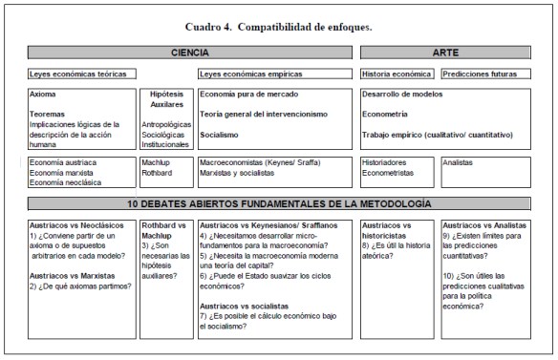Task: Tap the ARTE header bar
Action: coord(444,53)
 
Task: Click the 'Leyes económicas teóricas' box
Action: coord(82,74)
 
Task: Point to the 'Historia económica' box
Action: coord(397,74)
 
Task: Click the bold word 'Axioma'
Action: coord(44,95)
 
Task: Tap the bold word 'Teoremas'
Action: coord(49,114)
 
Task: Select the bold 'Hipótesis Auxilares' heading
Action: coord(166,99)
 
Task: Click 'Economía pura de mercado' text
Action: coord(249,95)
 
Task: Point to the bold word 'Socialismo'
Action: coord(220,135)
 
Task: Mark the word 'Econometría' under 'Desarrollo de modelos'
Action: coord(387,115)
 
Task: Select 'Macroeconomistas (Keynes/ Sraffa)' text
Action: coord(260,162)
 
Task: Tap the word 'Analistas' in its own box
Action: coord(460,162)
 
